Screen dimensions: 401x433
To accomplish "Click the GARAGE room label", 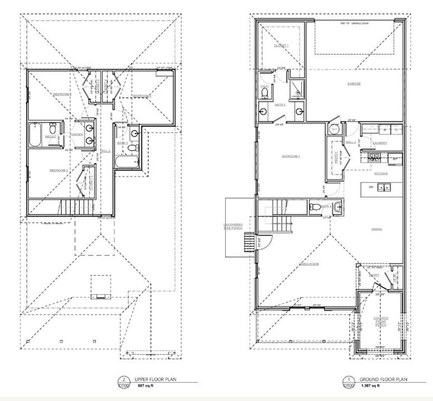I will (x=354, y=84).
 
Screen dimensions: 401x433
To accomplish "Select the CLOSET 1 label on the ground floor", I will (x=281, y=45).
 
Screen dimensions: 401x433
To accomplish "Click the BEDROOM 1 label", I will (x=291, y=156).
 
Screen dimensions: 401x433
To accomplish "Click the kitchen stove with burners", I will (x=374, y=156).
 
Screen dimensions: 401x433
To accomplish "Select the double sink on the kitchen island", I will (x=384, y=188).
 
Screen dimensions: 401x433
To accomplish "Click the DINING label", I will (x=379, y=229).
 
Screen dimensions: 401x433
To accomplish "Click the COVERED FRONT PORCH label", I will (x=381, y=321).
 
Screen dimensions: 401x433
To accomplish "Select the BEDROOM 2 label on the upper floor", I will (x=58, y=171).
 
